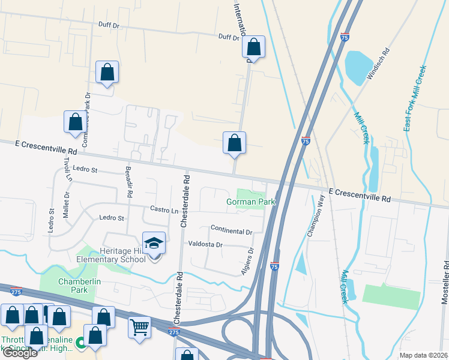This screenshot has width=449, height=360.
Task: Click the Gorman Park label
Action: [x=250, y=202]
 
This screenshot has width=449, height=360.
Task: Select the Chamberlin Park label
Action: [x=73, y=286]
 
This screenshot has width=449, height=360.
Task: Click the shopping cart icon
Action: [x=139, y=327]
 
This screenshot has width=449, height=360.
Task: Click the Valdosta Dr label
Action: [x=206, y=245]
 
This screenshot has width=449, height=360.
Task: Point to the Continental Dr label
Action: [x=231, y=231]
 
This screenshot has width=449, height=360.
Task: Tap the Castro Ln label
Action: [x=164, y=210]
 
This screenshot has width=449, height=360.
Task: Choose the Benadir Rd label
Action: [x=128, y=182]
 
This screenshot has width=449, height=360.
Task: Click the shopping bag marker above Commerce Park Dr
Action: [x=107, y=73]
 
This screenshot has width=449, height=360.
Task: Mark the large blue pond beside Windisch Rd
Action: [x=360, y=68]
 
